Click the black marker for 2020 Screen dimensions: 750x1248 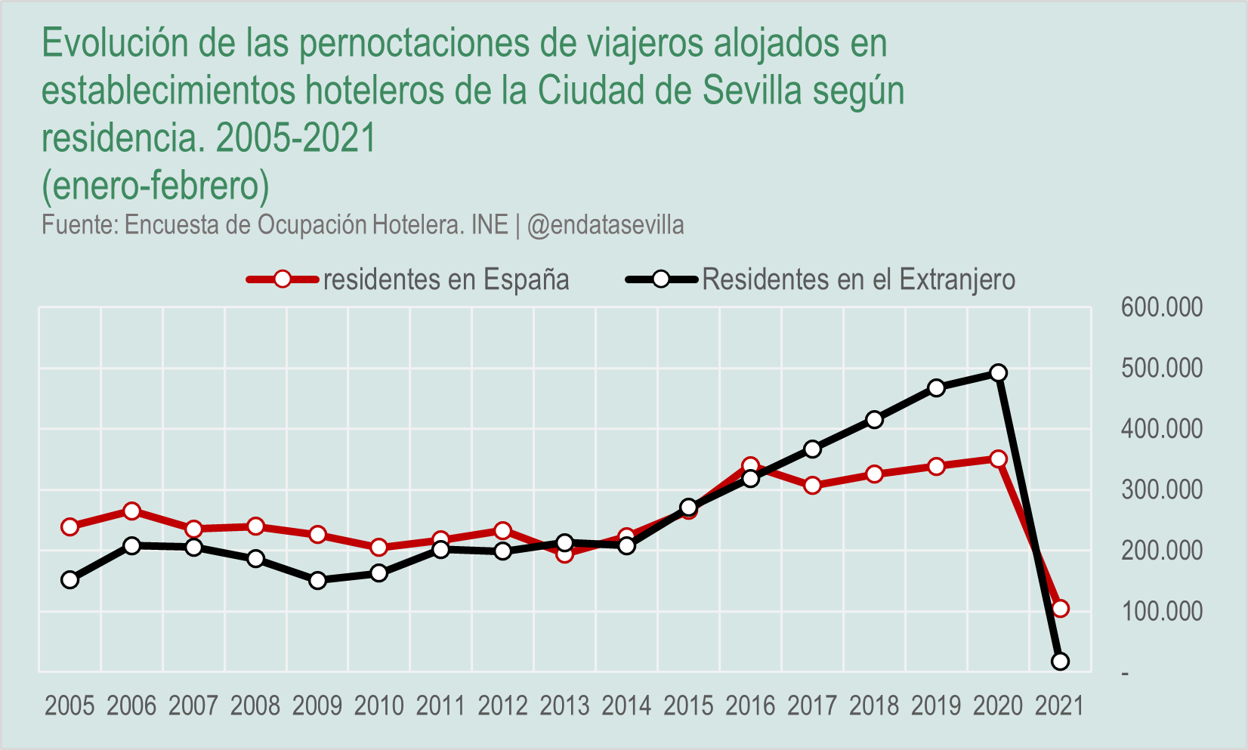(x=998, y=373)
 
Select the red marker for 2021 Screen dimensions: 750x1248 (x=1060, y=609)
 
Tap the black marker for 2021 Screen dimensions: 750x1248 (x=1060, y=662)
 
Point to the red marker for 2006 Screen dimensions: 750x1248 (x=132, y=511)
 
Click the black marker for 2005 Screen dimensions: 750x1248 (x=70, y=580)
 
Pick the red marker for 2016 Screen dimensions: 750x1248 (x=750, y=466)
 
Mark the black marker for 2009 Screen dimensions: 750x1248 (x=317, y=581)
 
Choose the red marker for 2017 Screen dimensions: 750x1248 (x=812, y=486)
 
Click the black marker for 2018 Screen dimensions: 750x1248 (x=874, y=420)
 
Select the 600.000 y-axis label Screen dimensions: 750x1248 (x=1161, y=307)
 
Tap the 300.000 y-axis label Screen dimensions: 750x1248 (x=1161, y=489)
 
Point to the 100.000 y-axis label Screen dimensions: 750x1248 (x=1161, y=611)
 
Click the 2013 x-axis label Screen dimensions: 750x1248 (x=564, y=705)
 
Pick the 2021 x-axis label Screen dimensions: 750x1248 (x=1059, y=705)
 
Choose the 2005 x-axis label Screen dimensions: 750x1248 (x=70, y=705)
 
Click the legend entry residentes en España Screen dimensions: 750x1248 (x=446, y=279)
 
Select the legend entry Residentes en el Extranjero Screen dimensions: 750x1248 (x=858, y=279)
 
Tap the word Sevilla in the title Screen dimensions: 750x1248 (x=752, y=91)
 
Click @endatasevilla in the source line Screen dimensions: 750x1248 (x=605, y=225)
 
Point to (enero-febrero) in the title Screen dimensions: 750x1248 (x=156, y=185)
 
